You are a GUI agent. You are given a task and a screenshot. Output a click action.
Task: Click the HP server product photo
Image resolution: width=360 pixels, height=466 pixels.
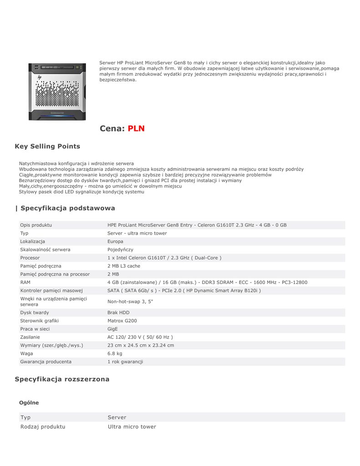click(x=57, y=91)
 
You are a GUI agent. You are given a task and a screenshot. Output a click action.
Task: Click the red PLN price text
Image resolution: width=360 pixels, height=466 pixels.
click(x=136, y=128)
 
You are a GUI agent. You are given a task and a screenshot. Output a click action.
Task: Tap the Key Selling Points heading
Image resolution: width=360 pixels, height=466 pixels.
click(x=47, y=147)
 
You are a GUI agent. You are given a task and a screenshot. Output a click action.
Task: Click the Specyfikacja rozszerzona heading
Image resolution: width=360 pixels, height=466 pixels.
click(x=62, y=379)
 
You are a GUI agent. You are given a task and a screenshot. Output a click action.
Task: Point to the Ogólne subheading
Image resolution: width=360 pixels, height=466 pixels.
click(x=29, y=403)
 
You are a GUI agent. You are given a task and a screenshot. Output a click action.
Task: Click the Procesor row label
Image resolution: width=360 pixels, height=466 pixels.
click(x=30, y=258)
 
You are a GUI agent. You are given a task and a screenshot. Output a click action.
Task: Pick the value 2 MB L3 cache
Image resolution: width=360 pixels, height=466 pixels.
click(x=124, y=266)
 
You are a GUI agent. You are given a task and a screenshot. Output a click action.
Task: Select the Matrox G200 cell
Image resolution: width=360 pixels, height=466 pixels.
click(x=122, y=320)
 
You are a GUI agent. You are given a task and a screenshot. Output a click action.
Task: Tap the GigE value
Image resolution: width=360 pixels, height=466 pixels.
click(x=112, y=329)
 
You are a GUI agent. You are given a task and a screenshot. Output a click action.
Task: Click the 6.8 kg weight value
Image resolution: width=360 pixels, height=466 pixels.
click(x=115, y=353)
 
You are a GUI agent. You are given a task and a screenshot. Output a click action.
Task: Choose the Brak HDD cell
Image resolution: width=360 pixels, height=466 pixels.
click(x=118, y=313)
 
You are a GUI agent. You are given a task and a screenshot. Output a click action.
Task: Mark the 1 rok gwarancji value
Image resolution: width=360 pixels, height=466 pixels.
click(x=125, y=361)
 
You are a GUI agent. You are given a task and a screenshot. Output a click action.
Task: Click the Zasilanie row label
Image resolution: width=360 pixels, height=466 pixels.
click(x=30, y=337)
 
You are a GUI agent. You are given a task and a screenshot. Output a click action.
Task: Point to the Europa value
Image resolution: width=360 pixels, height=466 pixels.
click(x=115, y=241)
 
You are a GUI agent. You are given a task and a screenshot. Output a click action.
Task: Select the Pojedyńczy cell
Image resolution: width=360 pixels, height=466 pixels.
click(x=120, y=249)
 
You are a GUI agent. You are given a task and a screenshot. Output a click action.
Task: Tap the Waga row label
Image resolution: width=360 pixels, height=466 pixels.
click(x=26, y=353)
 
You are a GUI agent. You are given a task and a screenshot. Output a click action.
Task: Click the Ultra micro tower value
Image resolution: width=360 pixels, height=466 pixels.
click(x=132, y=427)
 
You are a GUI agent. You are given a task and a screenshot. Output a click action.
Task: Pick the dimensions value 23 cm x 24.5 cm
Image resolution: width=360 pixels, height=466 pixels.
click(x=141, y=345)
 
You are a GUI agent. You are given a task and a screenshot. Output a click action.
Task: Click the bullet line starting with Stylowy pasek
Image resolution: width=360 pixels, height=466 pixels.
click(x=81, y=192)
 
